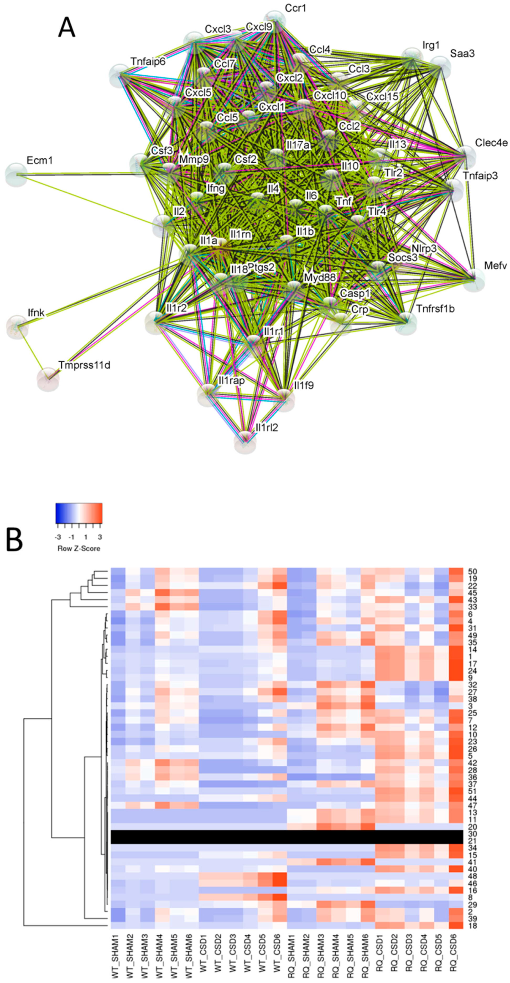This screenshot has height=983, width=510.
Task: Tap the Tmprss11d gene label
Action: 84,365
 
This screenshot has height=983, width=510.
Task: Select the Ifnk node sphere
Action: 17,326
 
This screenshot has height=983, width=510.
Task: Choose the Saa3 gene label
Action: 462,53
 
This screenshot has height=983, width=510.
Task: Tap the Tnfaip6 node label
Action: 148,61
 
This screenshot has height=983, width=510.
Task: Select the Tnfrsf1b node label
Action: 435,308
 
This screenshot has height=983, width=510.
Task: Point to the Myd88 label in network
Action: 320,277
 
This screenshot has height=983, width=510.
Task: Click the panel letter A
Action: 67,28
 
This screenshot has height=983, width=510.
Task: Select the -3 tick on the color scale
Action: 58,537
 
